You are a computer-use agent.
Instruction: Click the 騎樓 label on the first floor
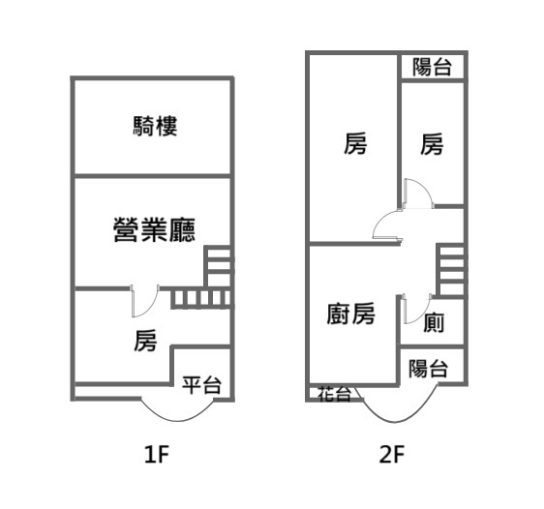pos(155,126)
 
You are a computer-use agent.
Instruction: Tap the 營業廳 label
pos(154,229)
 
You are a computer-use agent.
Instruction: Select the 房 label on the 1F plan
pos(145,341)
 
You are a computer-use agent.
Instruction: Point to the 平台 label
pos(201,384)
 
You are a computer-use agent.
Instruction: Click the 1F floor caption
pos(157,454)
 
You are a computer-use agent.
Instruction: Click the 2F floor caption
pos(392,454)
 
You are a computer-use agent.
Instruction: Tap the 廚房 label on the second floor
pos(350,314)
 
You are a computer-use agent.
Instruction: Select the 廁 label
pos(434,322)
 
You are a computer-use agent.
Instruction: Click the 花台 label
pos(335,394)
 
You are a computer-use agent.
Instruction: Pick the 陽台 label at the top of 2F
pos(432,67)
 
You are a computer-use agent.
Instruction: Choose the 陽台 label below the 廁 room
pos(428,369)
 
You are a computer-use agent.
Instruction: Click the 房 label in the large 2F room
pos(355,143)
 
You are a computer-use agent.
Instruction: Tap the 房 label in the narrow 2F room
pos(432,144)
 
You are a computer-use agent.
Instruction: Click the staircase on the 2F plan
pos(450,270)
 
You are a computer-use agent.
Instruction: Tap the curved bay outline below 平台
pos(177,421)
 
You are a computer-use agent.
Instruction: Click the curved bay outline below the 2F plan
pos(395,422)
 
